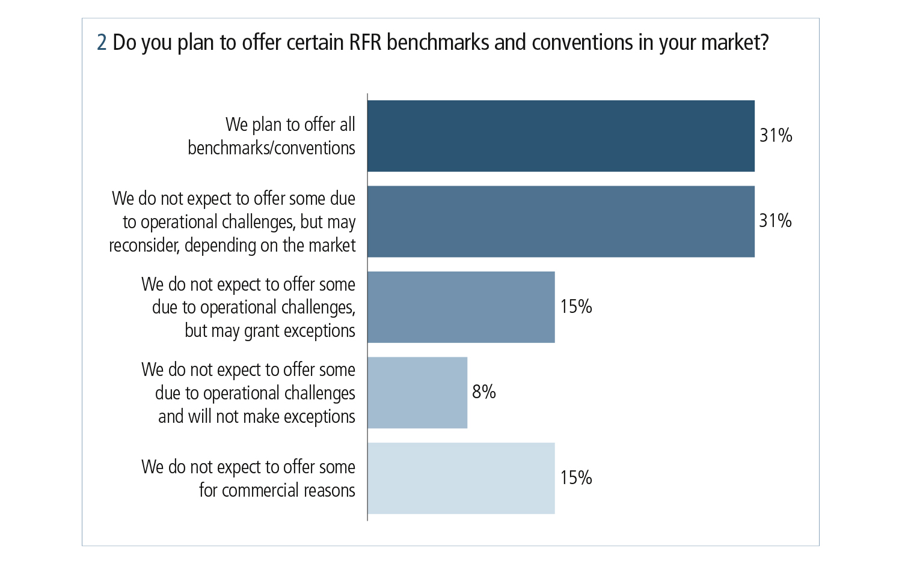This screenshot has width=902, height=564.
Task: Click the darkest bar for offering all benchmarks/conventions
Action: [x=560, y=136]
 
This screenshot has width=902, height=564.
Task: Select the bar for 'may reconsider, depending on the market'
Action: [x=560, y=222]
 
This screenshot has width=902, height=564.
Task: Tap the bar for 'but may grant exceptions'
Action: [x=461, y=307]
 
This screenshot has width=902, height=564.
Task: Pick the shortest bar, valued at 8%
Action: [x=417, y=393]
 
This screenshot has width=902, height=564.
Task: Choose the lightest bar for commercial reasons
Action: [x=461, y=478]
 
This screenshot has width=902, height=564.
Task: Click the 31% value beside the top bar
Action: [x=776, y=136]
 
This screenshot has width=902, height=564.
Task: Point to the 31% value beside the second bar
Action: [x=775, y=221]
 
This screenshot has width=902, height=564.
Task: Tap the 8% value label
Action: [x=484, y=392]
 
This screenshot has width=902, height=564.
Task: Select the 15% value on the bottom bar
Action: [x=576, y=478]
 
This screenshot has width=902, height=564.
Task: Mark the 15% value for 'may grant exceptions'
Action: [x=576, y=307]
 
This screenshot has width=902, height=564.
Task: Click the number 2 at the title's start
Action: [x=102, y=43]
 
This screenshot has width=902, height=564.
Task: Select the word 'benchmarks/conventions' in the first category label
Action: [x=271, y=148]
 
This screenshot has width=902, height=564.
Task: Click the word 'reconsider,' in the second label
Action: [x=144, y=246]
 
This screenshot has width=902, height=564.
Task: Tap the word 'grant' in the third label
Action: [x=262, y=332]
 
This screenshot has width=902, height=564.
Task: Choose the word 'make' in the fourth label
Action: [x=262, y=417]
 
